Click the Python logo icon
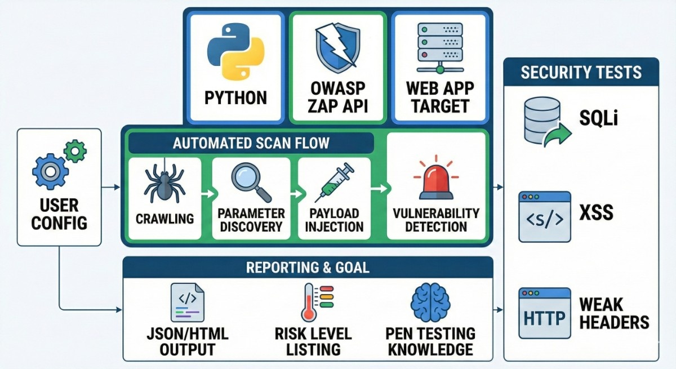[x=235, y=52]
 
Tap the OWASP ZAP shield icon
[x=337, y=47]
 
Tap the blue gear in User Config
[x=50, y=171]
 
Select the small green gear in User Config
[x=75, y=151]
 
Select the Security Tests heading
[x=581, y=72]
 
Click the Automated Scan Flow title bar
[x=251, y=143]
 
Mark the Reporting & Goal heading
[x=308, y=266]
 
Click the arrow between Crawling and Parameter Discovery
[x=207, y=193]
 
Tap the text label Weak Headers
[x=613, y=313]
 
